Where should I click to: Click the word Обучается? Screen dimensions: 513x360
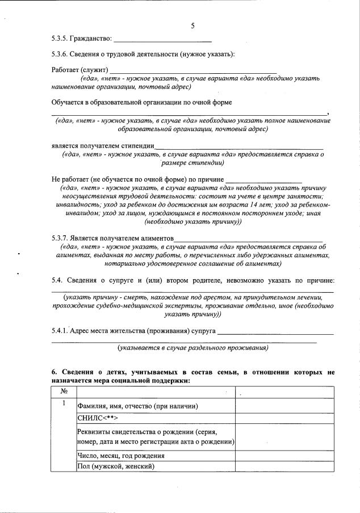point(69,102)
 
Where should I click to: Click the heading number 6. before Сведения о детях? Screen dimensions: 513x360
point(54,372)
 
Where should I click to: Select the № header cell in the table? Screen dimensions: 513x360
point(64,392)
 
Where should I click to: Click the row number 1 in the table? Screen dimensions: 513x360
point(64,403)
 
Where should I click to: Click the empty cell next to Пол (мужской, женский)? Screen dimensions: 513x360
point(284,466)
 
